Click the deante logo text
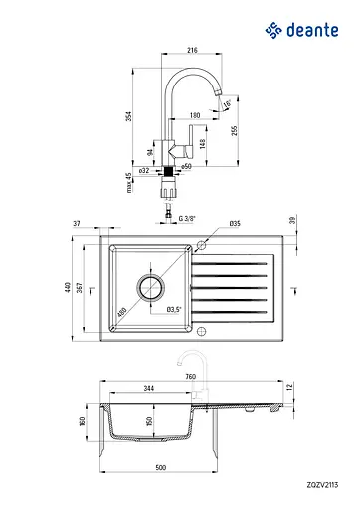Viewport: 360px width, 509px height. coord(312,30)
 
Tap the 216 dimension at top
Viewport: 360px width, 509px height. coord(192,50)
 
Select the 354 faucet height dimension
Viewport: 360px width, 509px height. coord(129,116)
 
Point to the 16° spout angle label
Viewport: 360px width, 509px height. coord(227,104)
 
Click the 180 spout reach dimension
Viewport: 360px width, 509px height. coord(195,115)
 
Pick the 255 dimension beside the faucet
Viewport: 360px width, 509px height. coord(235,131)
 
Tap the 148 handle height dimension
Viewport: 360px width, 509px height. coord(203,144)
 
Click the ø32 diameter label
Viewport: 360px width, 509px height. coord(144,171)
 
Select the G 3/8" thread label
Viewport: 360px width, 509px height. coord(187,219)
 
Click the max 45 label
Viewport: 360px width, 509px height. coord(129,183)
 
